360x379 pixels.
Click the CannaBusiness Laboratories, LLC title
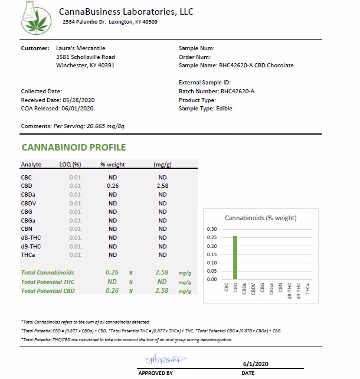click(126, 12)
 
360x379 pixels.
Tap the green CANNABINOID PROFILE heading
click(73, 148)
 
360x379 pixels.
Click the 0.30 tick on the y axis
click(212, 229)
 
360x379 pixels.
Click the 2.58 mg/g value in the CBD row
click(163, 186)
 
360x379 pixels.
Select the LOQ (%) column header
click(70, 164)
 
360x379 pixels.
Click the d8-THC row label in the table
click(31, 237)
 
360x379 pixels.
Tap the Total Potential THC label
click(48, 282)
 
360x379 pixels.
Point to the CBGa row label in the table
click(29, 220)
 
